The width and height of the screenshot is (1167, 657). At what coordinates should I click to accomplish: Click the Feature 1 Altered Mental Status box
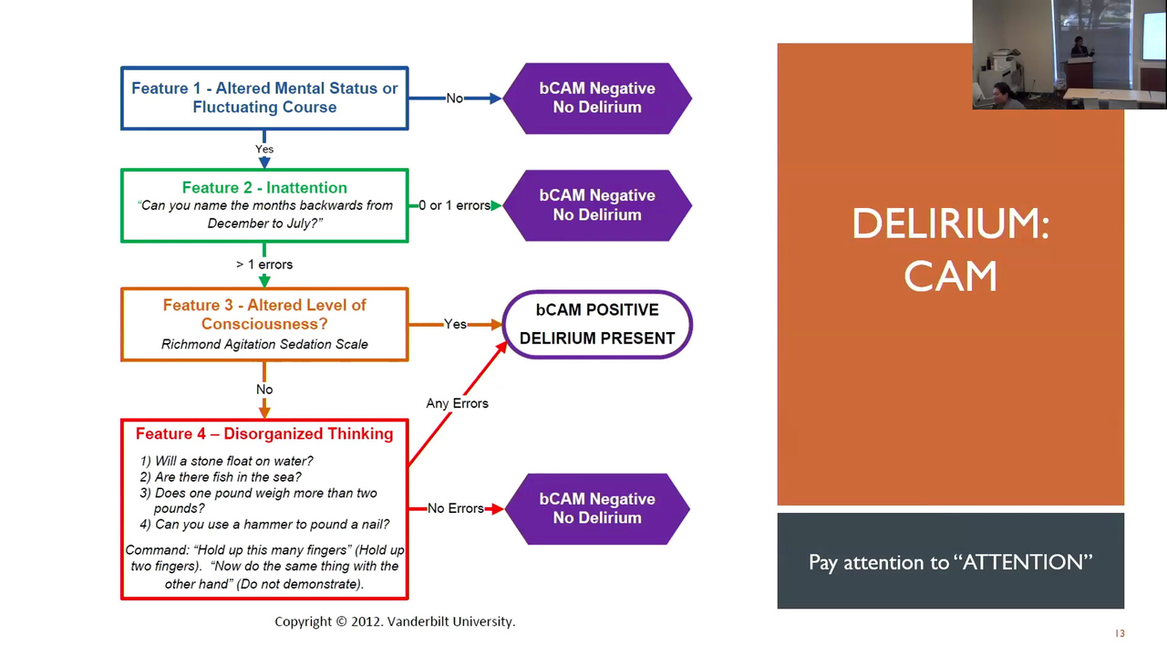click(x=264, y=98)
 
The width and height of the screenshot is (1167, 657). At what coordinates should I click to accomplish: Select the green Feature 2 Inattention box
click(x=264, y=205)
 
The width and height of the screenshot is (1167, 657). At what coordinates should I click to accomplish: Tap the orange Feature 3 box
click(x=264, y=324)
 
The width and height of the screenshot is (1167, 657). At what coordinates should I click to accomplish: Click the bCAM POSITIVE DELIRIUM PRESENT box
click(x=597, y=324)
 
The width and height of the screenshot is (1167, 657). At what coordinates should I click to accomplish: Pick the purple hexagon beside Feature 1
click(x=597, y=98)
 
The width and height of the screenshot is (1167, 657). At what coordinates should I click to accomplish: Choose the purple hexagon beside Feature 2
click(x=597, y=205)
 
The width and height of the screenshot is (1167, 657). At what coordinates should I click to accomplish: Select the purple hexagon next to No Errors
click(x=597, y=508)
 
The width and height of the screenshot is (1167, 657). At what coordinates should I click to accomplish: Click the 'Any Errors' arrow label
click(x=457, y=403)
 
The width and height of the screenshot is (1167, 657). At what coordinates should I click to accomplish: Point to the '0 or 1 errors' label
click(x=454, y=205)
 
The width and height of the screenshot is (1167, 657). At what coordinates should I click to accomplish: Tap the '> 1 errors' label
click(x=264, y=265)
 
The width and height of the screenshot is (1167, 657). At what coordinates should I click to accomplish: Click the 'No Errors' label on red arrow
click(x=455, y=508)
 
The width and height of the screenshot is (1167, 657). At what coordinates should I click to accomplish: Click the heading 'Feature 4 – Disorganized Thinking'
click(x=264, y=433)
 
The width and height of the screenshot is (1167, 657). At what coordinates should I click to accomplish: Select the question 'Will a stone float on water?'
click(x=233, y=461)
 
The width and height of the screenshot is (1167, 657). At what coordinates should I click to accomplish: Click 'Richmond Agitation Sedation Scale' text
click(x=264, y=344)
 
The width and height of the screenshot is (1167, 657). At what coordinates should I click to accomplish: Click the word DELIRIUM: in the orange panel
click(x=950, y=224)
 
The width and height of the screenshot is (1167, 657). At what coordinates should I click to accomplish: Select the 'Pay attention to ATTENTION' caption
click(x=950, y=562)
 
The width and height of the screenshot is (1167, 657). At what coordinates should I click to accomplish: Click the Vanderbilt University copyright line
click(x=395, y=621)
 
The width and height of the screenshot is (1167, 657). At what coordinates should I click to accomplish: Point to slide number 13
click(x=1120, y=633)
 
